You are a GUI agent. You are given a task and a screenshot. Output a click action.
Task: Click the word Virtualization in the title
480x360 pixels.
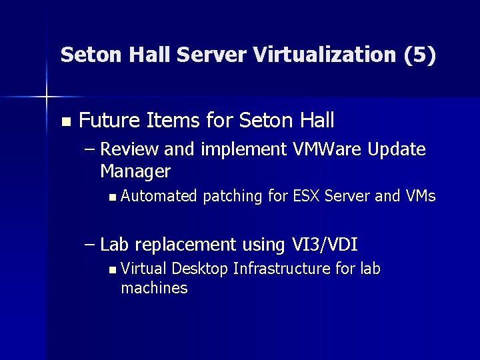point(326,55)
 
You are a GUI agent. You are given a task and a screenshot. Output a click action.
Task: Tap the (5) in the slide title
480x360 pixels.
point(420,55)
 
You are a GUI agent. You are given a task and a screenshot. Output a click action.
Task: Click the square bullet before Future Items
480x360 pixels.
point(65,122)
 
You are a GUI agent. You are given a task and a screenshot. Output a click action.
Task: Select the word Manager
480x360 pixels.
point(135,171)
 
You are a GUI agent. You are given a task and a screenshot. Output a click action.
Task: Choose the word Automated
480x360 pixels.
point(159,196)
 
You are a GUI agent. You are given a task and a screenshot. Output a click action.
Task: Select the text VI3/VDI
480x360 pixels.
point(325,245)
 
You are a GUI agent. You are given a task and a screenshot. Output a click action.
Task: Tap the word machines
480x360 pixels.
point(154,288)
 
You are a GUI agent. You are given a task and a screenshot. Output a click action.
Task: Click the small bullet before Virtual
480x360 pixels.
point(111,270)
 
